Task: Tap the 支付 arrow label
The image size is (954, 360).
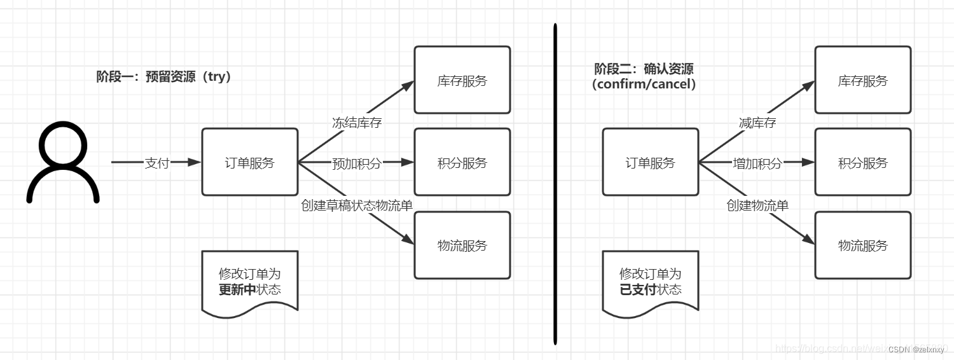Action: (x=157, y=163)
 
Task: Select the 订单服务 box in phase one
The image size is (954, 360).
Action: (x=250, y=162)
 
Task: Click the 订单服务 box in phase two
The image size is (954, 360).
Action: (x=650, y=162)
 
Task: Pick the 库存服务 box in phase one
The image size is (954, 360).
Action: (x=462, y=80)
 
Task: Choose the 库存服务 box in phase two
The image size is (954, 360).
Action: (x=863, y=80)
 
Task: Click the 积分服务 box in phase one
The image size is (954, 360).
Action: (x=462, y=162)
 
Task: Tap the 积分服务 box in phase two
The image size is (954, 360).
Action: (x=863, y=162)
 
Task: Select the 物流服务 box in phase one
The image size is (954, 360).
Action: (x=462, y=245)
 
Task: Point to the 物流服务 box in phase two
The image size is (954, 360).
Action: (x=863, y=245)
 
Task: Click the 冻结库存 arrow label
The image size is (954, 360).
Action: (x=357, y=123)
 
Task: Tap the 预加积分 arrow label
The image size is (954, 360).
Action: (x=357, y=163)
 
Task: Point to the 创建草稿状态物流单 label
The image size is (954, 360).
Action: (x=361, y=205)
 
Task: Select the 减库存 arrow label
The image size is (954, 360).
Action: (x=757, y=123)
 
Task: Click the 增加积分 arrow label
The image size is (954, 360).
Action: (x=757, y=163)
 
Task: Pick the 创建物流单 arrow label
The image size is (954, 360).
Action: (x=757, y=205)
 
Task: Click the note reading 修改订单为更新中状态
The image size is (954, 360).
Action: (x=250, y=281)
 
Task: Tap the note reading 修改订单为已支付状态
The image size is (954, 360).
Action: (x=650, y=281)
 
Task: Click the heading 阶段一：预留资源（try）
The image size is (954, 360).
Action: (x=163, y=77)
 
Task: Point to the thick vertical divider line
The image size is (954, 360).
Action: (x=555, y=184)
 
